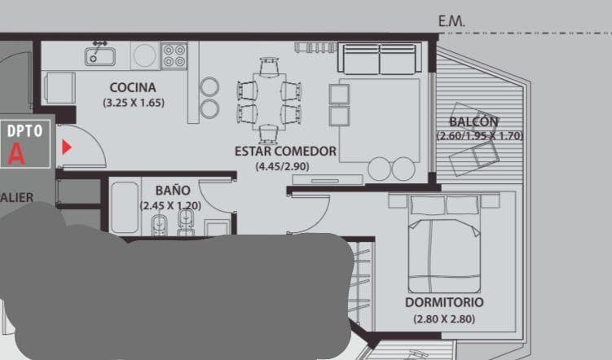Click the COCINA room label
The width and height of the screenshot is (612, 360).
pyautogui.click(x=133, y=88)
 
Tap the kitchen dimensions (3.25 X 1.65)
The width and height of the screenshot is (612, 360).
pyautogui.click(x=134, y=103)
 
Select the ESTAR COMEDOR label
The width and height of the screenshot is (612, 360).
pyautogui.click(x=285, y=151)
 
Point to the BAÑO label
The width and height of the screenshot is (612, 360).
pyautogui.click(x=173, y=191)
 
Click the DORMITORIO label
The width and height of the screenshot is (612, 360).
pyautogui.click(x=443, y=302)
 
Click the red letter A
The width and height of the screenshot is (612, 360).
pyautogui.click(x=16, y=153)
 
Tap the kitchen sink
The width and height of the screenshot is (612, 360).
pyautogui.click(x=101, y=55)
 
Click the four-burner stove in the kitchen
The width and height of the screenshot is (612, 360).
pyautogui.click(x=174, y=55)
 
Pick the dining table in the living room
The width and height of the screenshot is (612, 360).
pyautogui.click(x=269, y=99)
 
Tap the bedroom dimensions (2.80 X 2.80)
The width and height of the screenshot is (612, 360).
pyautogui.click(x=443, y=318)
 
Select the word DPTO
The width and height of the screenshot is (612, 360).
pyautogui.click(x=25, y=130)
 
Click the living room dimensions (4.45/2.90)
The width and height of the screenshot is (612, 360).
pyautogui.click(x=282, y=166)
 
